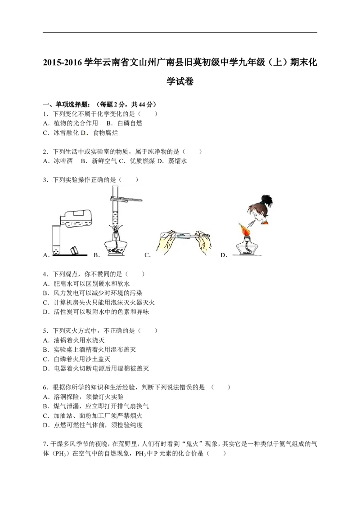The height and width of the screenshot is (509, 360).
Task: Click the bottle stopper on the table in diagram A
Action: [x=75, y=250]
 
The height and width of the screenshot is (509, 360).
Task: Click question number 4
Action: [x=45, y=274]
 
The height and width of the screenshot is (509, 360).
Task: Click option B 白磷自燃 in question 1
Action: [x=125, y=123]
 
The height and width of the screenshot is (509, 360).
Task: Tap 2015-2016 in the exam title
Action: [x=63, y=63]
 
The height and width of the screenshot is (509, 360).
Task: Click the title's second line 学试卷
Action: [x=180, y=81]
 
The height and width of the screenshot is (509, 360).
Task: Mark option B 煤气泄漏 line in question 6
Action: [x=96, y=406]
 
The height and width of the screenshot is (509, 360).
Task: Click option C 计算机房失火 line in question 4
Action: [x=99, y=303]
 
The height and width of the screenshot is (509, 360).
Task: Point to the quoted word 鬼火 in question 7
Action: [x=195, y=444]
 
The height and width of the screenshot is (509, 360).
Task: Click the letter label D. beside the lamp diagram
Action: [x=224, y=255]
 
